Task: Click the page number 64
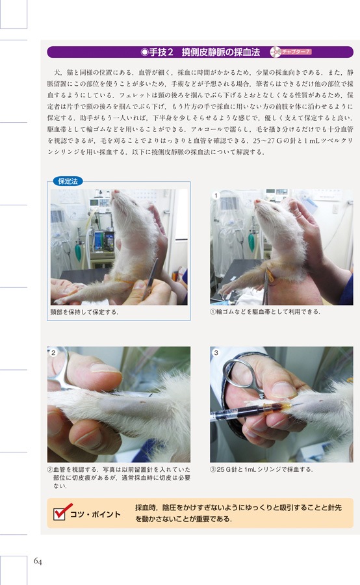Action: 39,561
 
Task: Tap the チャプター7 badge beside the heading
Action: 293,51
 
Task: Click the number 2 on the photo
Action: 54,352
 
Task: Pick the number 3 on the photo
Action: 216,352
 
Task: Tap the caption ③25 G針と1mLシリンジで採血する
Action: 261,469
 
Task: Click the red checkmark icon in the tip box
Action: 59,513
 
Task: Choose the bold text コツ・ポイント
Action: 96,515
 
